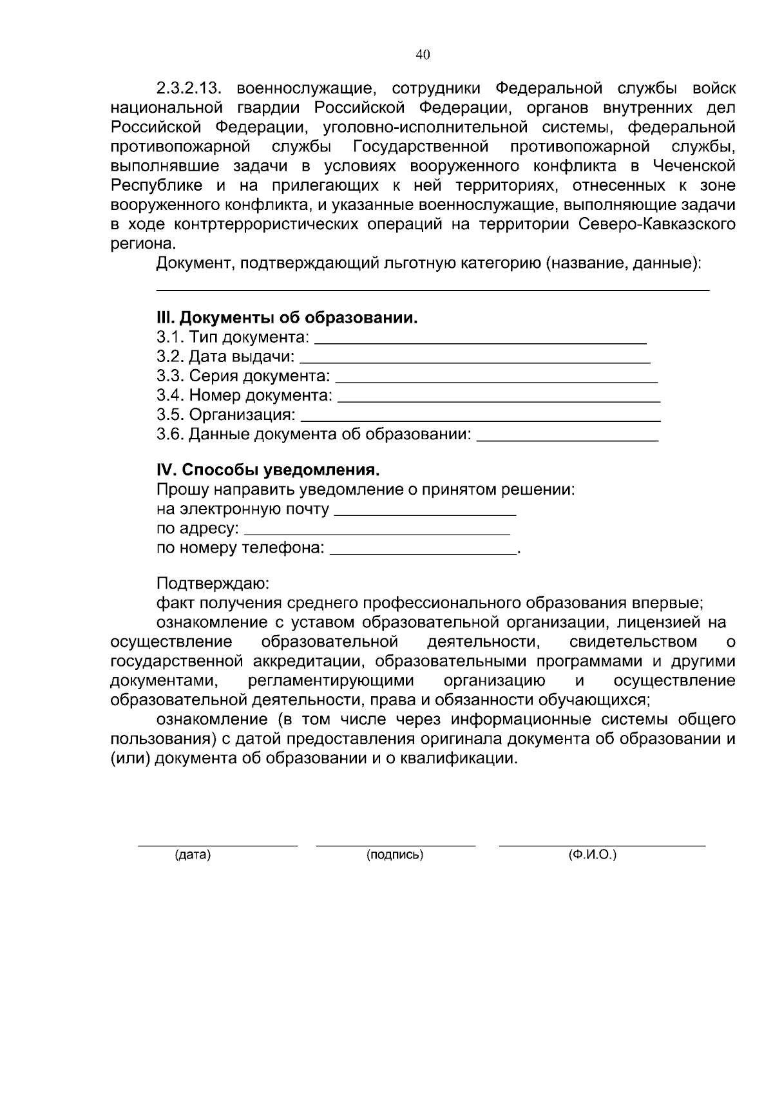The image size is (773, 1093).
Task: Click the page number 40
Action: click(x=423, y=55)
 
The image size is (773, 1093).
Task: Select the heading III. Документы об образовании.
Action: click(x=287, y=318)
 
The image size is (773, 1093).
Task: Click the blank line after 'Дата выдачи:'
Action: click(x=475, y=361)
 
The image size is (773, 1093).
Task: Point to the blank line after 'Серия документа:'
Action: click(x=496, y=380)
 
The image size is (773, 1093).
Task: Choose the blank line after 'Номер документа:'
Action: click(x=499, y=400)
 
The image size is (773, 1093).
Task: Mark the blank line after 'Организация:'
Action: click(x=481, y=419)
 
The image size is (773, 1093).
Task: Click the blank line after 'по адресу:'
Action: click(x=378, y=533)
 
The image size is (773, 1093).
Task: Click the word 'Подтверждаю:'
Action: click(x=213, y=584)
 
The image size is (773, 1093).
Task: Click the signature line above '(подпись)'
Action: click(x=396, y=843)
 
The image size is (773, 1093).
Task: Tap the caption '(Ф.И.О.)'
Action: click(x=592, y=855)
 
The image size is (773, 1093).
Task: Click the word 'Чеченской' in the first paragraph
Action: click(x=694, y=166)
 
